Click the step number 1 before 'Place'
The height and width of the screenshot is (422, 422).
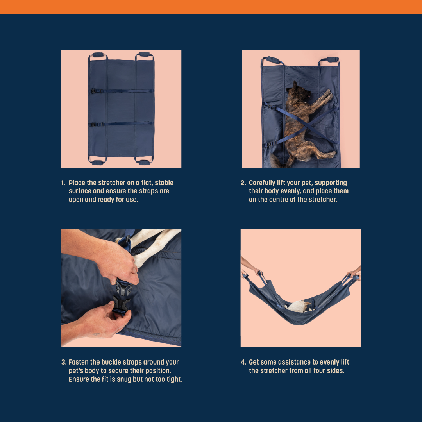pos(63,183)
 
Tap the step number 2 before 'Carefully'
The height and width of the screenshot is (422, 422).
pos(243,183)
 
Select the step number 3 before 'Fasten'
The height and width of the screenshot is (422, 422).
pos(64,362)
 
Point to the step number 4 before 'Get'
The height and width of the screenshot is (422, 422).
pos(243,362)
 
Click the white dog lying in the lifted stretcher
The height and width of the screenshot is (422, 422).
pos(298,306)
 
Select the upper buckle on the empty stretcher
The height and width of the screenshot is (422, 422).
pos(94,91)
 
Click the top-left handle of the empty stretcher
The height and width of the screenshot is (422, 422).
pos(98,55)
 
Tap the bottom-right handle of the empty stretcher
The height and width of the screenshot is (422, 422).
pos(144,162)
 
